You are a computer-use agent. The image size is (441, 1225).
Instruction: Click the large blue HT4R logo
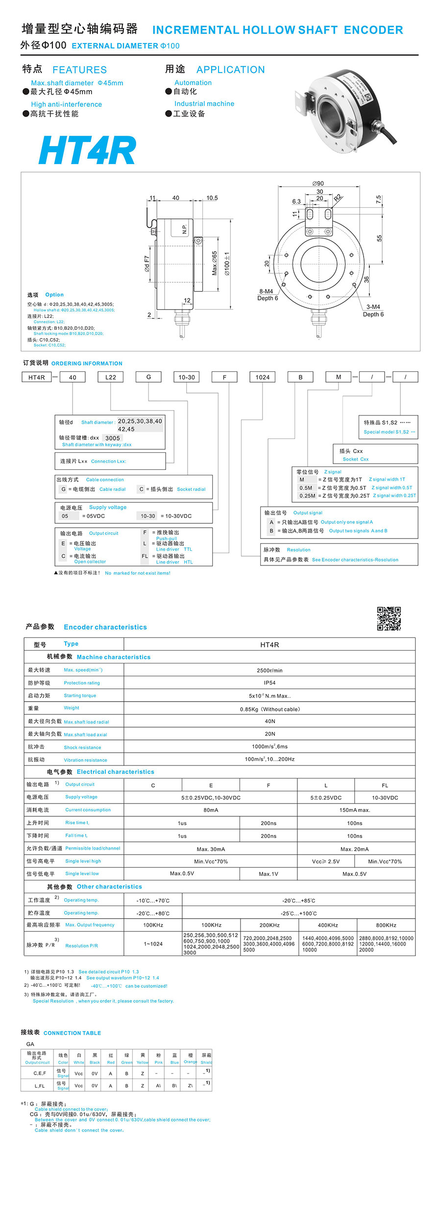87,150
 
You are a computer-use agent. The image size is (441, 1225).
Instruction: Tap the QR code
389,618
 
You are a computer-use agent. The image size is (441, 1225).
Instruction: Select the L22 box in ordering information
110,377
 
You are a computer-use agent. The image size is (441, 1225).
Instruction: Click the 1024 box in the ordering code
262,377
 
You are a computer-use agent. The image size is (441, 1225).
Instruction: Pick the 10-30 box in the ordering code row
186,377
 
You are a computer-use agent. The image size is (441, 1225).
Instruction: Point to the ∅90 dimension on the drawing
318,184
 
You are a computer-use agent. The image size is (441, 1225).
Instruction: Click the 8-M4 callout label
266,291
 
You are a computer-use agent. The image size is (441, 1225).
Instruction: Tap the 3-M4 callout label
373,307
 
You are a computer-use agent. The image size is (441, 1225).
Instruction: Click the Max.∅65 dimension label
215,263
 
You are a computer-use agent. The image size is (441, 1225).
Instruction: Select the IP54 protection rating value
269,683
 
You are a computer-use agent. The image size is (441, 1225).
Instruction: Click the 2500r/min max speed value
269,670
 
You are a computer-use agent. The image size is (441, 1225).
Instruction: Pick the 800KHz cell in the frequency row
386,925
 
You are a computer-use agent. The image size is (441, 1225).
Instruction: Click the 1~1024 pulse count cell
153,944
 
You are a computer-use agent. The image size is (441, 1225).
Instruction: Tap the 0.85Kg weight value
269,709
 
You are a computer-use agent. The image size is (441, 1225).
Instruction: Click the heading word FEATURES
79,70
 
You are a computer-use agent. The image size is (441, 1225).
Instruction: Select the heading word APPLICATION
230,70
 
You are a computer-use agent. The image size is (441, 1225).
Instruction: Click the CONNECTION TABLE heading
72,1033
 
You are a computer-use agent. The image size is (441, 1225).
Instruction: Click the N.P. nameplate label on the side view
185,229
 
